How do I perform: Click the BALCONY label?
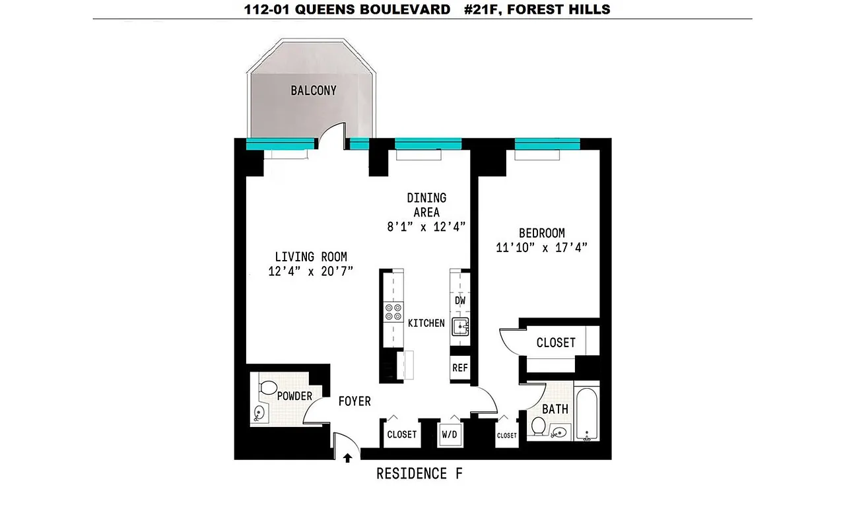click(314, 90)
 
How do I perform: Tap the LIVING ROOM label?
click(311, 257)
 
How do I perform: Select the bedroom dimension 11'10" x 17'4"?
click(541, 248)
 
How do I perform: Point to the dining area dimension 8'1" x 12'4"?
click(426, 226)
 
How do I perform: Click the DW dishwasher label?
click(461, 301)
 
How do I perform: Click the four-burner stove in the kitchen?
click(394, 312)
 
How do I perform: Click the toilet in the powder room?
click(268, 388)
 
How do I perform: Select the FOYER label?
click(355, 401)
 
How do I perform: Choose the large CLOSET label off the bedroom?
click(555, 343)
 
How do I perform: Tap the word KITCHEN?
click(426, 323)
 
